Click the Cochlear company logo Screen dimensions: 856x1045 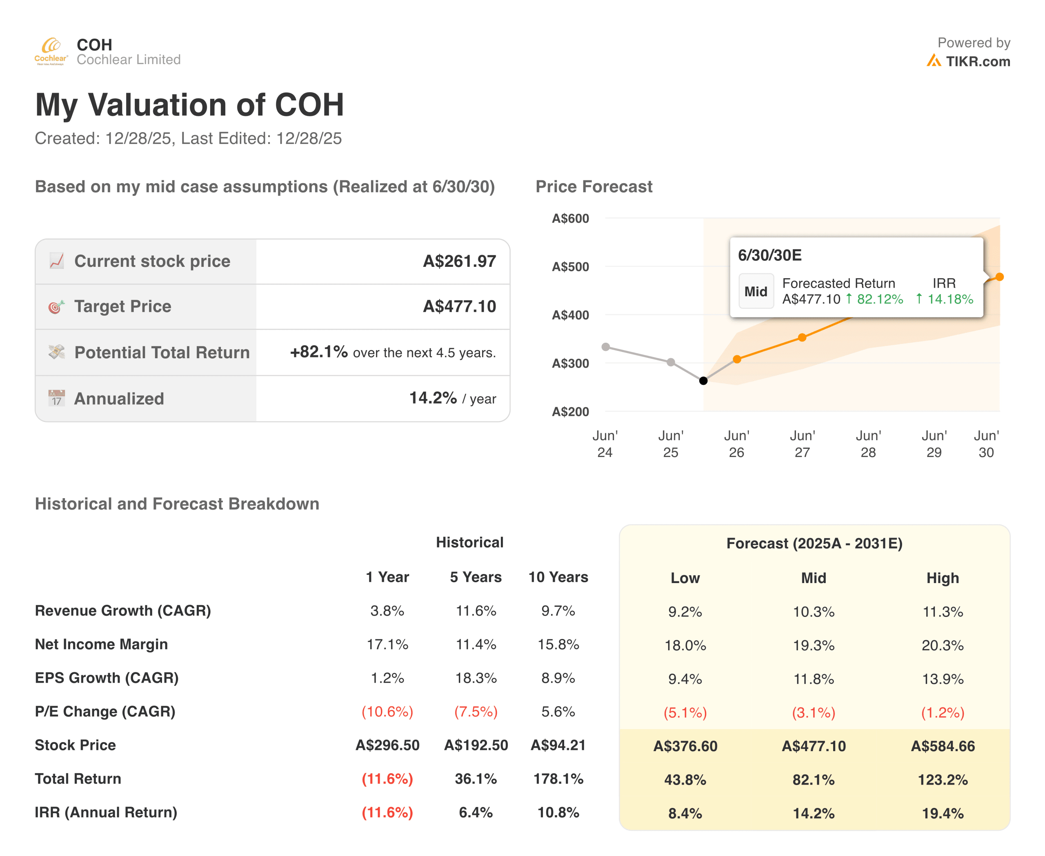tap(51, 51)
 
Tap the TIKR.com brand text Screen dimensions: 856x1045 tap(977, 62)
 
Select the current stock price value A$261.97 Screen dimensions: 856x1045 tap(459, 262)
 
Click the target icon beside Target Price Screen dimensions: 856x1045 tap(56, 307)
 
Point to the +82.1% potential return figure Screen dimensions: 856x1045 tap(319, 352)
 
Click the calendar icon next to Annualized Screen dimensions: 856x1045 tap(56, 398)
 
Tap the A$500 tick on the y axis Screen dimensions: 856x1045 tap(570, 267)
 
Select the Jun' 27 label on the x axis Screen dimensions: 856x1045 tap(802, 444)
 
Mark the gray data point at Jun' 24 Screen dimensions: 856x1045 tap(606, 347)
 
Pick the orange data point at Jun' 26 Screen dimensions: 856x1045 tap(737, 359)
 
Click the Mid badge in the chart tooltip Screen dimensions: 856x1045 tap(756, 291)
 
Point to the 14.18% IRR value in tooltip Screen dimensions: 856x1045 tap(950, 299)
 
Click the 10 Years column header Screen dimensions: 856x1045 tap(558, 577)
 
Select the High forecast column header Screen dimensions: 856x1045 tap(943, 578)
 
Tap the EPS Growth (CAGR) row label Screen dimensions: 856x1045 tap(107, 678)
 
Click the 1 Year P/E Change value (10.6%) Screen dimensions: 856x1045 tap(387, 712)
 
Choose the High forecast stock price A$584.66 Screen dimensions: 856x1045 tap(943, 746)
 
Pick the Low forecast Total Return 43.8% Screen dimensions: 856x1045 tap(685, 780)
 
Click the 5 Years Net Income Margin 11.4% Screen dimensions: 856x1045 tap(476, 645)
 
